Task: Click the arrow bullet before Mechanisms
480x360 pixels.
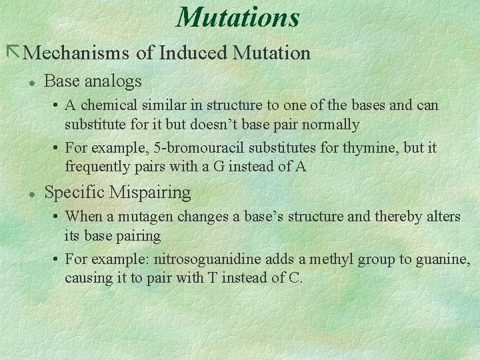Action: pyautogui.click(x=13, y=51)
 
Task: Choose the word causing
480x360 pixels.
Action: pyautogui.click(x=88, y=277)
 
